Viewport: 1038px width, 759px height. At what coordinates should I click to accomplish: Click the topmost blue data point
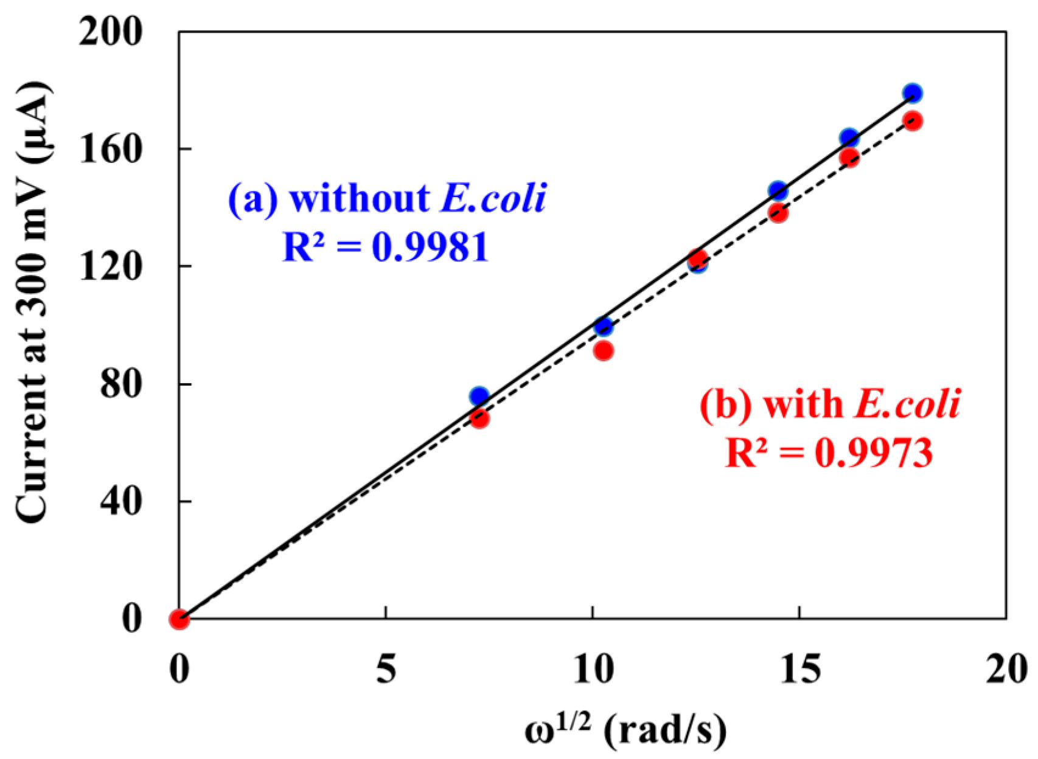(912, 93)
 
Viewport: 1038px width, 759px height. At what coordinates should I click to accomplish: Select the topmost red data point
(912, 121)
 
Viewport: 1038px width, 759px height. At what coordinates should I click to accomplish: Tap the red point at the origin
(179, 619)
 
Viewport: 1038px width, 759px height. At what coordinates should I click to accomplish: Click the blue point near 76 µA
(479, 397)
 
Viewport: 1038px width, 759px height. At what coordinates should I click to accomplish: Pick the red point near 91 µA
(603, 351)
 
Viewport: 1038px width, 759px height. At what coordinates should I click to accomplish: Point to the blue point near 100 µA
(603, 327)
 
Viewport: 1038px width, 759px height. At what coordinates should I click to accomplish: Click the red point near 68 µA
(479, 419)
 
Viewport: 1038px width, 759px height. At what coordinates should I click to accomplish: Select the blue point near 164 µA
(849, 138)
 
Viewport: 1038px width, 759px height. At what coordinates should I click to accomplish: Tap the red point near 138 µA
(778, 213)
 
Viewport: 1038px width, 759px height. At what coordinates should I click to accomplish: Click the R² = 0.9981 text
(386, 248)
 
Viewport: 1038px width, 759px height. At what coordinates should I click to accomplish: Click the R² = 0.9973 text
(829, 453)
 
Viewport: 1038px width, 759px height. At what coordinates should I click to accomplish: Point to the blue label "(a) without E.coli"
(387, 198)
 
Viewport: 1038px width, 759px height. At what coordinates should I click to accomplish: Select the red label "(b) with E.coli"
(829, 404)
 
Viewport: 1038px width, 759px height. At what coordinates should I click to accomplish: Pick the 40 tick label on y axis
(120, 501)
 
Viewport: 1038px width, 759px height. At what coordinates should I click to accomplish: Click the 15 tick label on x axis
(798, 670)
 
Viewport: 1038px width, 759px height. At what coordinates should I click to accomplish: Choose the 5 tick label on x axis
(386, 670)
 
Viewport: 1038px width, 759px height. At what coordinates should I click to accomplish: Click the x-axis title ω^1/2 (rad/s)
(625, 730)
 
